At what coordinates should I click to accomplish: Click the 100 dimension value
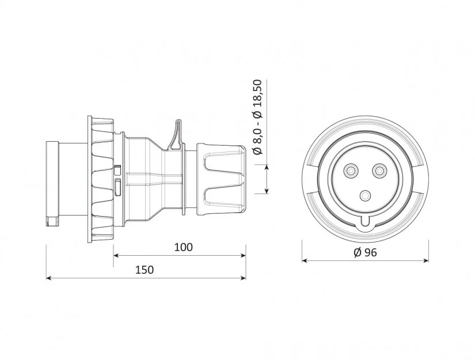tap(183, 247)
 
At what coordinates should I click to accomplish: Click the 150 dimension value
tap(145, 270)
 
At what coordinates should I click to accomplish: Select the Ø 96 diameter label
tap(366, 252)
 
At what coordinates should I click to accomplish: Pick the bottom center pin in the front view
tap(366, 196)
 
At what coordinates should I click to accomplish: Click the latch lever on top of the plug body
tap(176, 135)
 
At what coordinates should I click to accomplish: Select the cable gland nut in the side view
tap(221, 180)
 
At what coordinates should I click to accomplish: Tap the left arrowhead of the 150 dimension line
tap(48, 278)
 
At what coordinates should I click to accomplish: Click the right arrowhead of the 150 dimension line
tap(243, 278)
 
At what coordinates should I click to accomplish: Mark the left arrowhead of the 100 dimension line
tap(116, 255)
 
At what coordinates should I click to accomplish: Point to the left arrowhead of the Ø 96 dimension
tap(305, 260)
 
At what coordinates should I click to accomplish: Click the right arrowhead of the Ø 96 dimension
tap(426, 260)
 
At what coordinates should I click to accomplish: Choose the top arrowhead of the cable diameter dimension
tap(267, 167)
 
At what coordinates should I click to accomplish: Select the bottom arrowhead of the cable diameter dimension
tap(267, 191)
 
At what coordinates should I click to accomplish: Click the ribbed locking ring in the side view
tap(101, 179)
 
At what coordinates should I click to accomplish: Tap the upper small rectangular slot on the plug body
tap(117, 170)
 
